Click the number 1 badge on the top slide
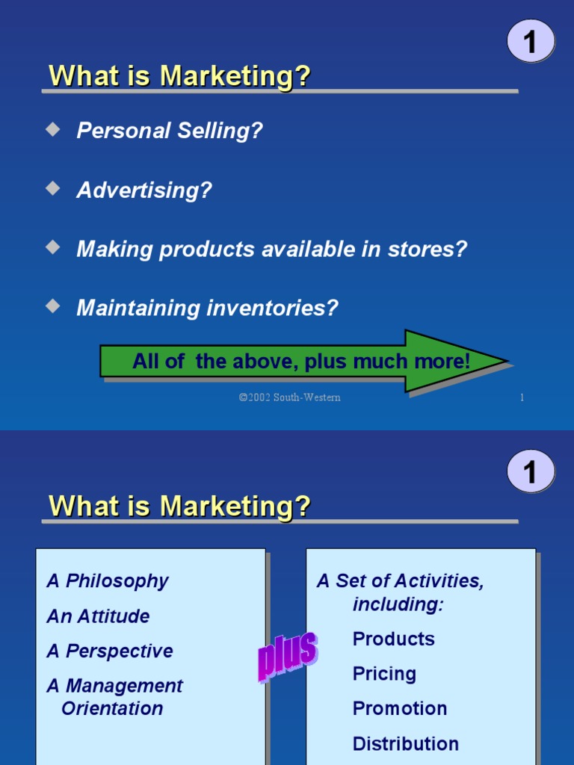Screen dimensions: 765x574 point(531,41)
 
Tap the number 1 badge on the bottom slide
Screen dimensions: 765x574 point(531,471)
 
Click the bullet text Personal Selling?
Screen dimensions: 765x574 point(170,131)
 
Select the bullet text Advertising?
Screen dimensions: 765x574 point(144,191)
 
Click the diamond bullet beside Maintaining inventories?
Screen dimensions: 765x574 point(52,306)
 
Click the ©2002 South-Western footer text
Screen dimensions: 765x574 point(289,397)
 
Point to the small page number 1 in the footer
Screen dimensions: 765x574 point(522,397)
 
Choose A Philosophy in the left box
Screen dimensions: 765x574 point(108,581)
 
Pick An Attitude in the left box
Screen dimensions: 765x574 point(98,616)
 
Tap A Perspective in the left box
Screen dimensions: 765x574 point(110,651)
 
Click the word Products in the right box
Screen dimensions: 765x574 point(393,639)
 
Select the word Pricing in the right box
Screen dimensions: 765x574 point(384,674)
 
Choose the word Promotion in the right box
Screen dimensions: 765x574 point(400,708)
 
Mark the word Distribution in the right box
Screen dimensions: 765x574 point(406,744)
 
